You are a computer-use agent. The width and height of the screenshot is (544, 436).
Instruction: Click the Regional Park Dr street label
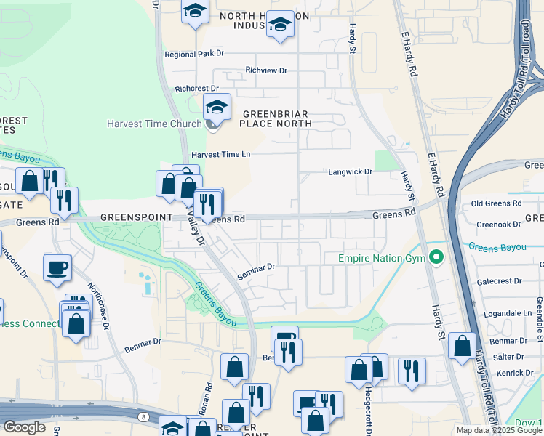[x=194, y=54]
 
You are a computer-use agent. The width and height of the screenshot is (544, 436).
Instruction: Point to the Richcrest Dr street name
[x=196, y=89]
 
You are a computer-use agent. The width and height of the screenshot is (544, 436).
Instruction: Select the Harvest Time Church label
[x=154, y=124]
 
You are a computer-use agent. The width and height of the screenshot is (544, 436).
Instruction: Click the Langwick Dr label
[x=350, y=171]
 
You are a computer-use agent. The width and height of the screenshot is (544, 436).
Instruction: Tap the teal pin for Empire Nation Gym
[x=436, y=257]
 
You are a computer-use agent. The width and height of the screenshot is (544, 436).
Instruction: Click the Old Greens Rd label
[x=497, y=203]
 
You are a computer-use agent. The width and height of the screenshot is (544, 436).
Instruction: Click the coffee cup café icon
[x=57, y=267]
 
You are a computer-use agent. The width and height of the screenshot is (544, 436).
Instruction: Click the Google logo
[x=24, y=427]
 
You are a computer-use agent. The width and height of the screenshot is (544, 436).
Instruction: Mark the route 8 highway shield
[x=144, y=417]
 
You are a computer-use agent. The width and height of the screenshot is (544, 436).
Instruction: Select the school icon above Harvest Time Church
[x=216, y=107]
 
